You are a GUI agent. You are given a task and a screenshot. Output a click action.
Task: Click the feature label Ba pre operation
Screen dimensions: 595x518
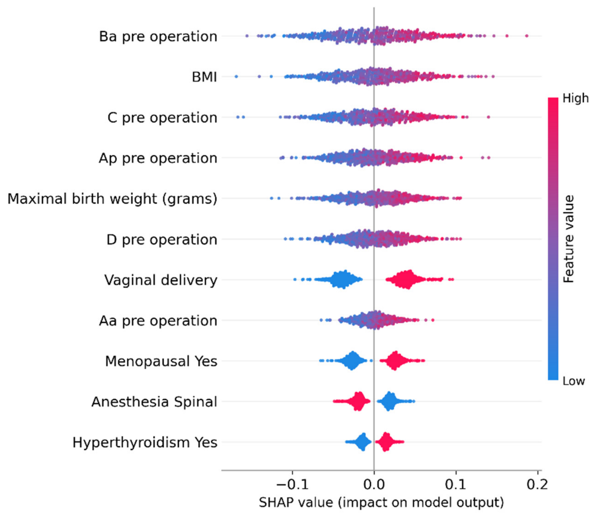click(x=158, y=37)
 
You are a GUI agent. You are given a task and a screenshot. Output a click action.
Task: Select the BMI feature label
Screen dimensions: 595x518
click(x=204, y=77)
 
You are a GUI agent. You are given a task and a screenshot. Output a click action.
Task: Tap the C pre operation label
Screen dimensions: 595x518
click(x=162, y=118)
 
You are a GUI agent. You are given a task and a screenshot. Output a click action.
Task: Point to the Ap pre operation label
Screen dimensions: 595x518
click(x=158, y=159)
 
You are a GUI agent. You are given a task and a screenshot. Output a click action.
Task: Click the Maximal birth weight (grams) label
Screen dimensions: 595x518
click(x=112, y=199)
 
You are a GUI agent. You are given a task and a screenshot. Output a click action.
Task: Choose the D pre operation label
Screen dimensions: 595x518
click(x=162, y=240)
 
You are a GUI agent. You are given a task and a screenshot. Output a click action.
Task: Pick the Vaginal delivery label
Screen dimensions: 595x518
click(x=161, y=280)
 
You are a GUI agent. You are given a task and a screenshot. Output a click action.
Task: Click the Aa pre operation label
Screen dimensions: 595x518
click(x=158, y=321)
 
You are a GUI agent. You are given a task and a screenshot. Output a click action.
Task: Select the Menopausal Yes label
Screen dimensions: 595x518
click(x=161, y=362)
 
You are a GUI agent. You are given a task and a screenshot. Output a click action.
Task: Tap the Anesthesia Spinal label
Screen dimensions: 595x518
click(x=154, y=402)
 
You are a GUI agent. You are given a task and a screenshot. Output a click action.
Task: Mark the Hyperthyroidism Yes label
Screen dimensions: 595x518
click(x=145, y=443)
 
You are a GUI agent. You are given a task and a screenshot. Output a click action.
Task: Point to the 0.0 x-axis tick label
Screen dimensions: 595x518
click(x=374, y=485)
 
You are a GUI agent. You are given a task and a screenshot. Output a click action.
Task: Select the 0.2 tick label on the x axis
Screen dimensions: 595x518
click(x=537, y=485)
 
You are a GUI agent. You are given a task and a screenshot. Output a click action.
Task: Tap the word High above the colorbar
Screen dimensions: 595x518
click(x=576, y=99)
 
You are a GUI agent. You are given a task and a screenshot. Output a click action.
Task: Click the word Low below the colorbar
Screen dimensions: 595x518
click(x=574, y=381)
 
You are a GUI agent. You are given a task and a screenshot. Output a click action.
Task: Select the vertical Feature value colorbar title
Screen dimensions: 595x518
click(x=569, y=239)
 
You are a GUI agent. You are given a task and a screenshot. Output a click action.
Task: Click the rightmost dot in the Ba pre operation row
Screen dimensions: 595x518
click(x=527, y=36)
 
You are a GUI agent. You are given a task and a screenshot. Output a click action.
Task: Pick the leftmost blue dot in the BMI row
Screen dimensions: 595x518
click(x=236, y=76)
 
